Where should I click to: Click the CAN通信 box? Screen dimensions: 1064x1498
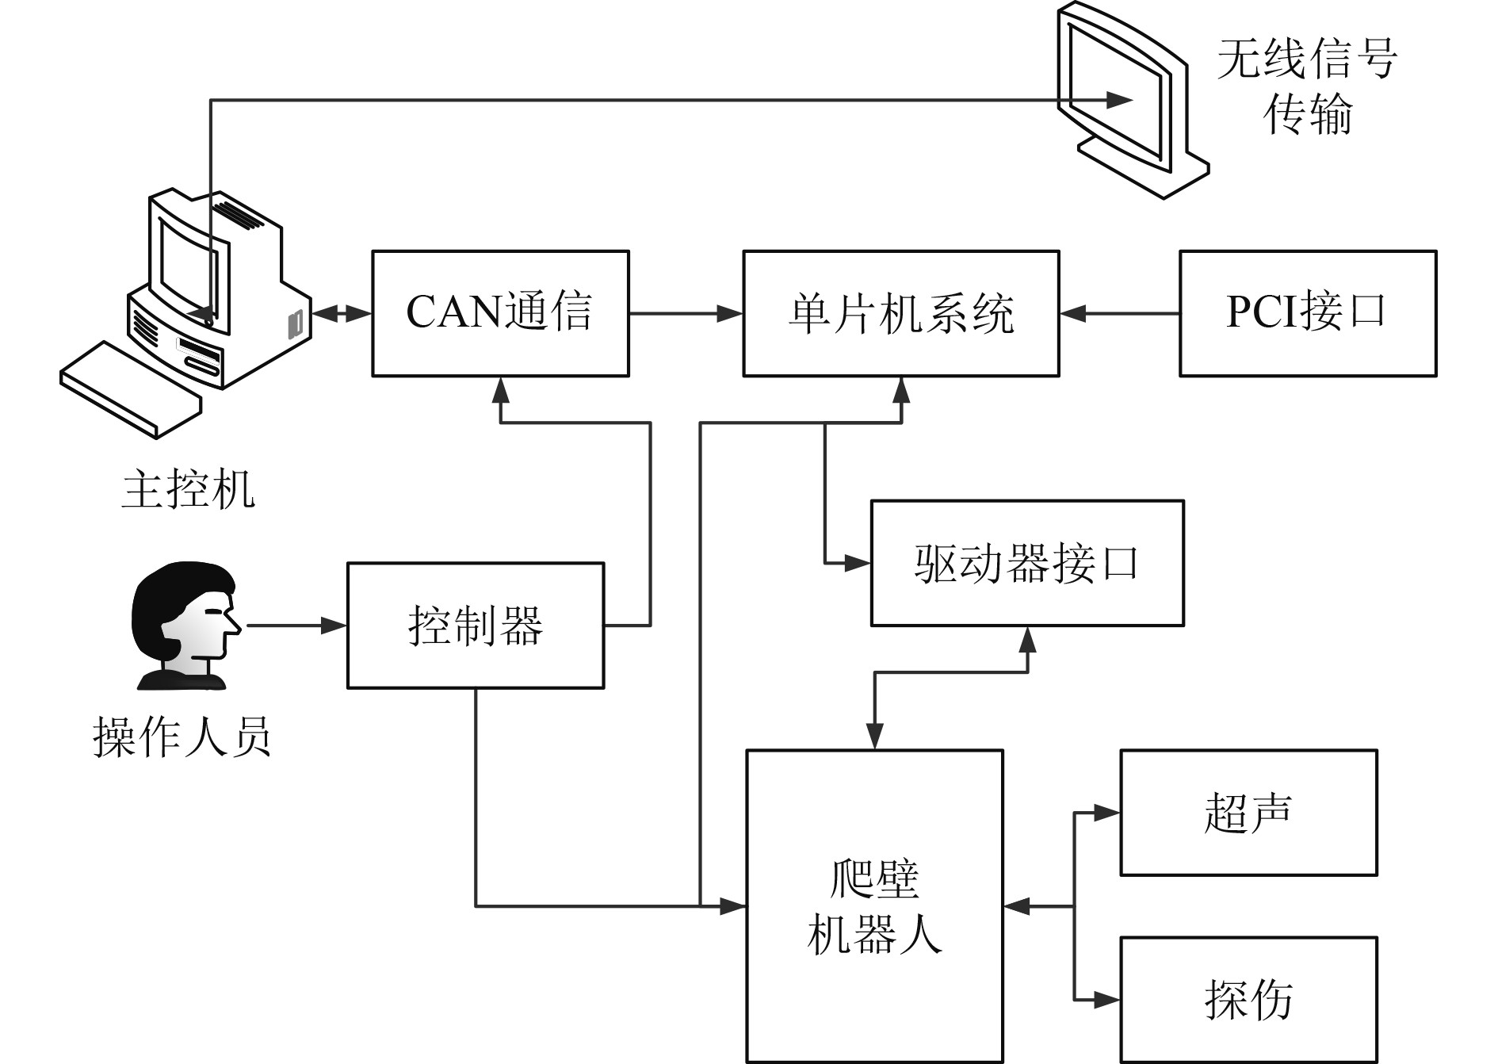(500, 313)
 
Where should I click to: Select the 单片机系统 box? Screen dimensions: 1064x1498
(900, 313)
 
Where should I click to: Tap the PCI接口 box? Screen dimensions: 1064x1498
(1307, 313)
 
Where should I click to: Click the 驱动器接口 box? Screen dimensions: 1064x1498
(1026, 563)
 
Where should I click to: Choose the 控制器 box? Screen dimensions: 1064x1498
(476, 626)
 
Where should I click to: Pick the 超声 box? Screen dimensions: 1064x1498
(1248, 813)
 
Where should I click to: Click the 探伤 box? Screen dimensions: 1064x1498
(1248, 1000)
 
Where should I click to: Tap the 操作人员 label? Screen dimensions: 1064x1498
(182, 737)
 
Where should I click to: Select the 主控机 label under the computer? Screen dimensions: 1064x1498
(189, 488)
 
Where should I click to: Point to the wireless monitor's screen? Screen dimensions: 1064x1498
(1116, 91)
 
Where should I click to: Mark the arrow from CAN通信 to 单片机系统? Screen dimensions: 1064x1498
(686, 314)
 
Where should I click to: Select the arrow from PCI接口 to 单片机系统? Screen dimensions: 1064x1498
(1119, 314)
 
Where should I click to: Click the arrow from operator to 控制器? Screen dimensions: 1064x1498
(297, 626)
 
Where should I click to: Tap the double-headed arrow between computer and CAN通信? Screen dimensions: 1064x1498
(342, 314)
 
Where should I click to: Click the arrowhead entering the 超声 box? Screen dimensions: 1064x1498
(1106, 813)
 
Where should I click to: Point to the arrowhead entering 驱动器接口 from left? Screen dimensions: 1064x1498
(858, 564)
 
